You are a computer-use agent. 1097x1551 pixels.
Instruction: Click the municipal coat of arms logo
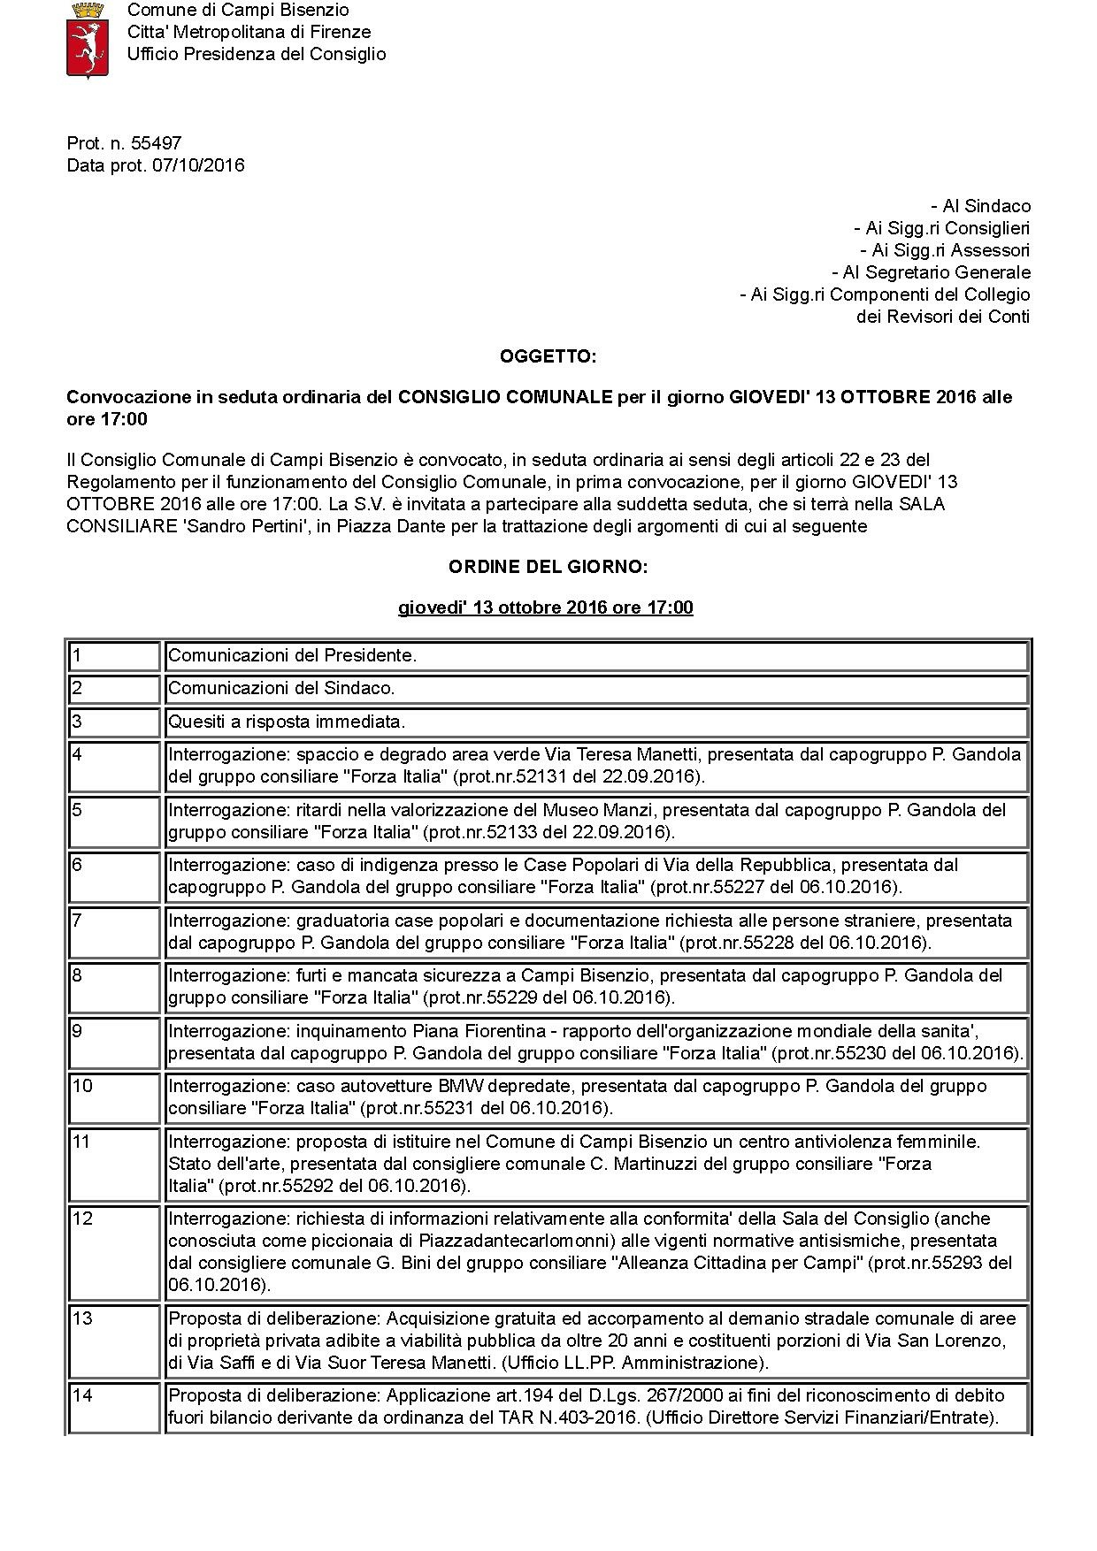88,40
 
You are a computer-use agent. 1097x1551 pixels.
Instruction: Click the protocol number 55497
156,143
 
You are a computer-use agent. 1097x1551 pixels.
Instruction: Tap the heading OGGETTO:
548,356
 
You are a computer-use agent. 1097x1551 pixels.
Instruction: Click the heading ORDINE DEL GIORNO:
548,567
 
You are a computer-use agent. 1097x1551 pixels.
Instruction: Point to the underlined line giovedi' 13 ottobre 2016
545,607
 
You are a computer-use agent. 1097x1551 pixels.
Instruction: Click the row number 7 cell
114,932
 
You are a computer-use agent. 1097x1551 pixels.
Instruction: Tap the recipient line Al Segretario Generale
931,272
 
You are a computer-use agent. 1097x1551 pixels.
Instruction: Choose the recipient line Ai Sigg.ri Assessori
944,250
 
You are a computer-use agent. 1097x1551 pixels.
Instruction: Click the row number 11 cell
114,1164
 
